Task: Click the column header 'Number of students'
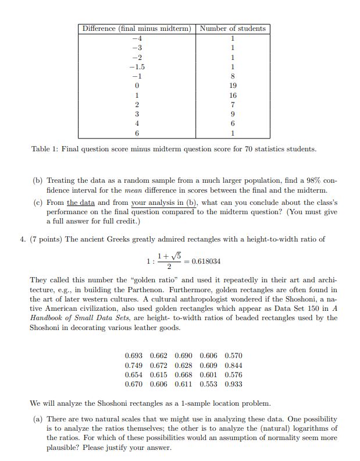coord(233,29)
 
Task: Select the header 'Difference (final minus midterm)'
coord(137,29)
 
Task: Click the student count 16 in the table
coord(233,95)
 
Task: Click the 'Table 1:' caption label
coord(44,150)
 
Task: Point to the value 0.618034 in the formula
coord(204,262)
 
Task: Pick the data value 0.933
coord(233,385)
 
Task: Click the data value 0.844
coord(233,365)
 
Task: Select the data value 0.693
coord(134,355)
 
